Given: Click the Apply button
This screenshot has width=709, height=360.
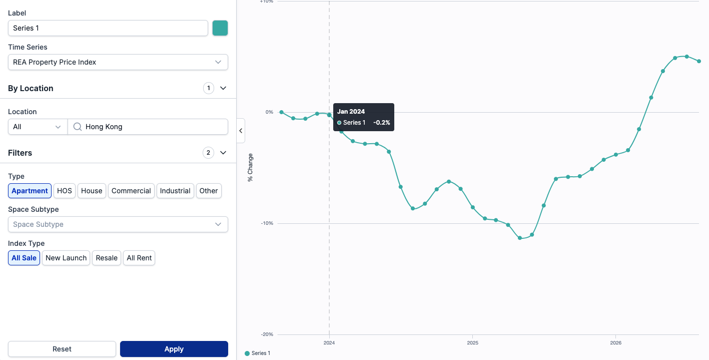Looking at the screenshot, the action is point(174,349).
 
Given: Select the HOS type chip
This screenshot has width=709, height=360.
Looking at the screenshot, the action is point(65,191).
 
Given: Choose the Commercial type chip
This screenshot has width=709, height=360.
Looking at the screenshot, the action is point(131,191).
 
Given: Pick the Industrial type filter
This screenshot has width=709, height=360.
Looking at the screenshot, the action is point(175,191).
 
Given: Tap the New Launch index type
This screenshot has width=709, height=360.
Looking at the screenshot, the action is point(66,258).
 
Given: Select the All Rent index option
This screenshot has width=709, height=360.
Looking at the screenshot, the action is point(139,258).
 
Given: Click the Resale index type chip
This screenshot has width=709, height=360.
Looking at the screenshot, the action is point(107,258).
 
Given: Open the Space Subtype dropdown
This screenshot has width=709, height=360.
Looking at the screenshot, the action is point(118,224).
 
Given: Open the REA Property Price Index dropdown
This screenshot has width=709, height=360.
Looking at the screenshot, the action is point(118,62).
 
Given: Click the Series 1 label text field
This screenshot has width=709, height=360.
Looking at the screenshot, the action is point(108,28).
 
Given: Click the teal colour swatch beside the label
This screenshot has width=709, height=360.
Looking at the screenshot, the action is point(220,28).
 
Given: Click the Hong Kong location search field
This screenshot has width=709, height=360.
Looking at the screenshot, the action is point(148,127).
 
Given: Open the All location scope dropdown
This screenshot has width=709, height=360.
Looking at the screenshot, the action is point(38,127).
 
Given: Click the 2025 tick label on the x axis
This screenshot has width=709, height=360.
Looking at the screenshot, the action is point(472,343).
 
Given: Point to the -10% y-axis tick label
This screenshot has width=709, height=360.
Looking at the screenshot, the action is point(267,223).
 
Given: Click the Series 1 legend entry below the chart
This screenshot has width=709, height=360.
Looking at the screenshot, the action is point(258,353).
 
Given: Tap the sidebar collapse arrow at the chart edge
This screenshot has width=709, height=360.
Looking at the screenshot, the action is point(241,131).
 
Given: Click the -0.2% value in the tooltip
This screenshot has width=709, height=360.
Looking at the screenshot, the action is point(381,123).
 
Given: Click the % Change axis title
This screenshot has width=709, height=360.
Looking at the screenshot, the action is point(250,168).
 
